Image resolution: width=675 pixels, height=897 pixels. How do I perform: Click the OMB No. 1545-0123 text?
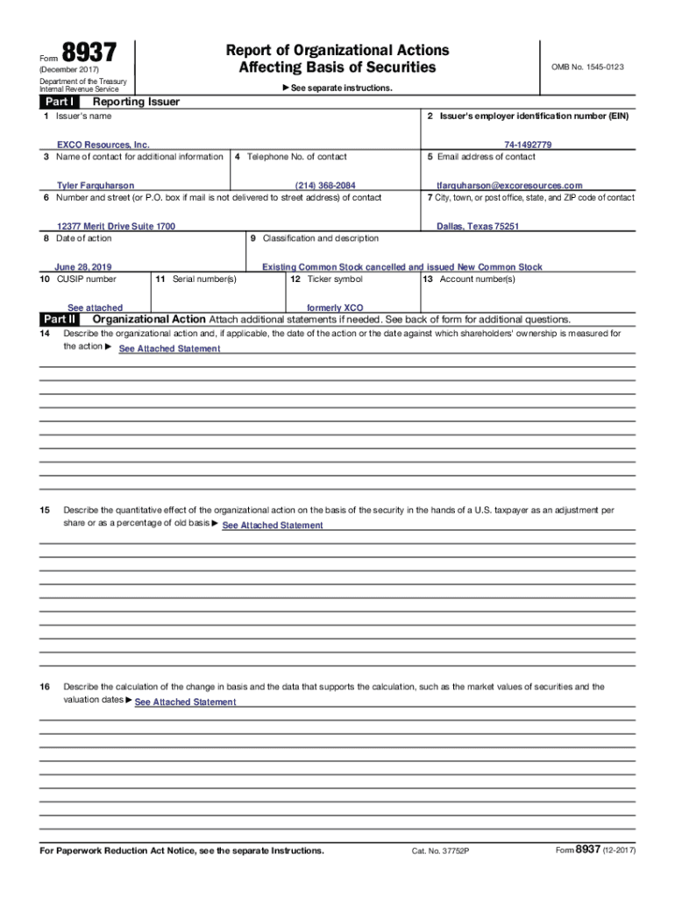pyautogui.click(x=587, y=67)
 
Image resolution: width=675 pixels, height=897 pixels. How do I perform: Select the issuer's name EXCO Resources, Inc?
pyautogui.click(x=103, y=145)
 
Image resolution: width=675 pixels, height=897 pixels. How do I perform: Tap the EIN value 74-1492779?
pyautogui.click(x=528, y=145)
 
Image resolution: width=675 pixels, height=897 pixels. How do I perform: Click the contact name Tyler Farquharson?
pyautogui.click(x=96, y=186)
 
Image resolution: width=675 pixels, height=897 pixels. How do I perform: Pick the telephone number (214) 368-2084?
pyautogui.click(x=325, y=186)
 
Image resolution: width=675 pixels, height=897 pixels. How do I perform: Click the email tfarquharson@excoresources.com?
pyautogui.click(x=509, y=186)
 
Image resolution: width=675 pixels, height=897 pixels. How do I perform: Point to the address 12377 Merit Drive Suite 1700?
pyautogui.click(x=116, y=226)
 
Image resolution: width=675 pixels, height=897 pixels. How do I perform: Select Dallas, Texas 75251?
pyautogui.click(x=478, y=226)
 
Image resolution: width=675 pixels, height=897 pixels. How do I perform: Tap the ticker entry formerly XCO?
pyautogui.click(x=335, y=308)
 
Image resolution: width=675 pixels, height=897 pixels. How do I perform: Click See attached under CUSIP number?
pyautogui.click(x=95, y=308)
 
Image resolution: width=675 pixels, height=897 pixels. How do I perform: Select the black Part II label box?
pyautogui.click(x=58, y=319)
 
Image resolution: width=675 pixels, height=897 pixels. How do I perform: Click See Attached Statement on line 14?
pyautogui.click(x=169, y=349)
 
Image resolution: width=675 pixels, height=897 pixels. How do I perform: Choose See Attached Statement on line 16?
pyautogui.click(x=185, y=703)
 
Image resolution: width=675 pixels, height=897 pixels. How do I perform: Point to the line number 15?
pyautogui.click(x=45, y=510)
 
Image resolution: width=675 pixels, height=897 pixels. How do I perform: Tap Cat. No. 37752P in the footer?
pyautogui.click(x=440, y=851)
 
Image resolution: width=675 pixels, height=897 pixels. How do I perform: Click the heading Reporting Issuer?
pyautogui.click(x=130, y=102)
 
